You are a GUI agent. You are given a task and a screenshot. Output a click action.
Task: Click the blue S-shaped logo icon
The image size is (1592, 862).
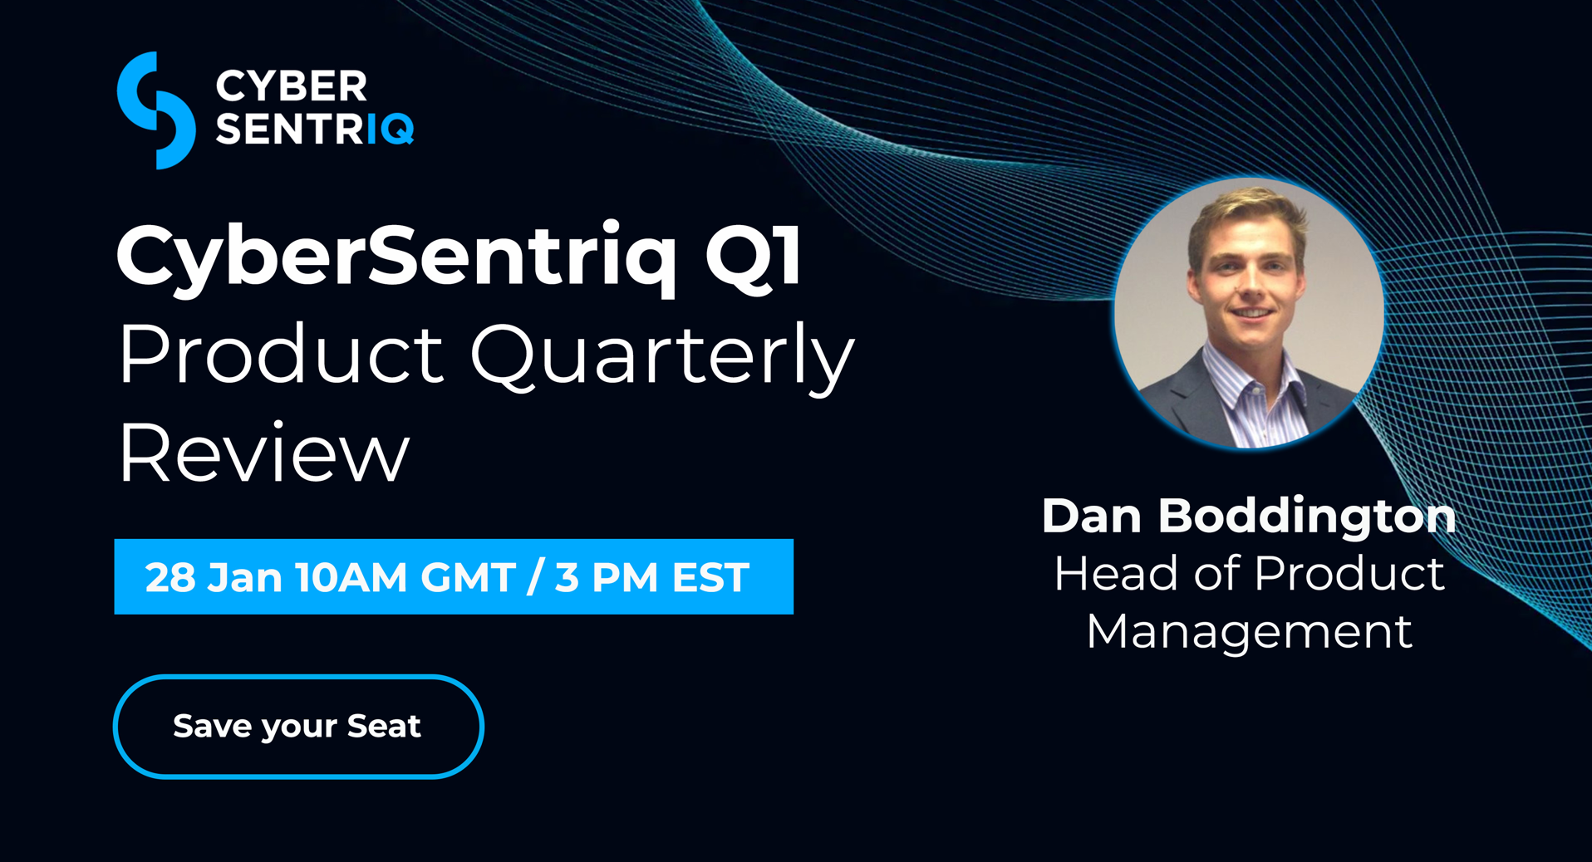(156, 110)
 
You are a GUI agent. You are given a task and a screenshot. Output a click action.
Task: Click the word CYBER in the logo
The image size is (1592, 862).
(292, 86)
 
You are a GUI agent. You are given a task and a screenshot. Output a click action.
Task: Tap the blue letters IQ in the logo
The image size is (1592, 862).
(390, 129)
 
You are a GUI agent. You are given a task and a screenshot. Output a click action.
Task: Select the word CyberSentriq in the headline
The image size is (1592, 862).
(396, 257)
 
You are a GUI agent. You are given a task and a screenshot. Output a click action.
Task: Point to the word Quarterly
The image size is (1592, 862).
(662, 358)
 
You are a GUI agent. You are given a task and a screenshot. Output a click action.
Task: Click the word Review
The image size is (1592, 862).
(264, 453)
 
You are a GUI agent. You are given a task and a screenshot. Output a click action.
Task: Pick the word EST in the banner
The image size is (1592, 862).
(710, 577)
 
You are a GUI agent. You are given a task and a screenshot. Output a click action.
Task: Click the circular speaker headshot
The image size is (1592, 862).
(1249, 313)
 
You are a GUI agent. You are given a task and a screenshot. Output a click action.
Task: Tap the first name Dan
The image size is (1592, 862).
(1092, 516)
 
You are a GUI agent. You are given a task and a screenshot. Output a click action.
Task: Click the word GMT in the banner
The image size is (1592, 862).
(468, 577)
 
